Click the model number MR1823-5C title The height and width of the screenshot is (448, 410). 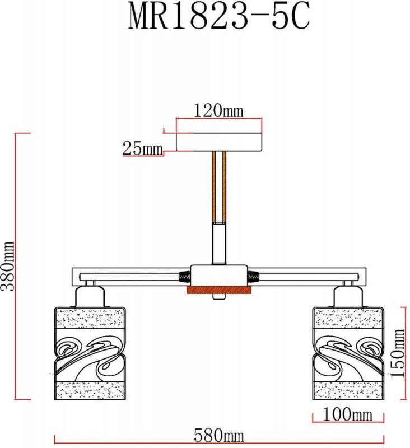(219, 16)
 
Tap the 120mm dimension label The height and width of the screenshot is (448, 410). (218, 110)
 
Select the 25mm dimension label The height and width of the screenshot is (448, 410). (143, 148)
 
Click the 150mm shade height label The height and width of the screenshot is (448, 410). (398, 353)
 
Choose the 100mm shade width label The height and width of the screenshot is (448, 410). (347, 414)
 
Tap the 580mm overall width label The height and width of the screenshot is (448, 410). (219, 436)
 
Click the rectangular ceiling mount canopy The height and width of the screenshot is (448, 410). (219, 142)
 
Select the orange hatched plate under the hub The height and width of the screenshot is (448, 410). (219, 290)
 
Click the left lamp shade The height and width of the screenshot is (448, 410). (90, 353)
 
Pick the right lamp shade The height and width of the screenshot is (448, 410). (348, 353)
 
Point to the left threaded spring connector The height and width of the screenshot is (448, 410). (184, 277)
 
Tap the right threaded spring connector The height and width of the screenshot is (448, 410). (254, 277)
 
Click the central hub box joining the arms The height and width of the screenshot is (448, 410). (219, 276)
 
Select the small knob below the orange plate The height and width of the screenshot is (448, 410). (219, 297)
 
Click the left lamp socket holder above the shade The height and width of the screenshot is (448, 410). (90, 297)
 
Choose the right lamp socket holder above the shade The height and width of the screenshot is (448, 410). (348, 297)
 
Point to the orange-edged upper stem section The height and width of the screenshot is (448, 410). (219, 187)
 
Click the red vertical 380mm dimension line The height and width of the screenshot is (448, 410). (15, 267)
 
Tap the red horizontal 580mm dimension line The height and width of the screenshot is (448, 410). (219, 443)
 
